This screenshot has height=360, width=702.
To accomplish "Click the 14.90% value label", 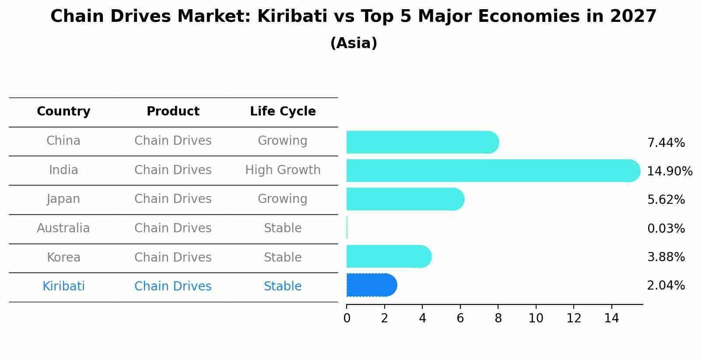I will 669,171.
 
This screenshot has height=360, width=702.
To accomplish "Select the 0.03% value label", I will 666,228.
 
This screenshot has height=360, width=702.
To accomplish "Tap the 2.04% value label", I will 666,286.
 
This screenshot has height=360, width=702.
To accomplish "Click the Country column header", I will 63,112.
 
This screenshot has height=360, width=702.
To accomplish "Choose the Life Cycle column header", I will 283,112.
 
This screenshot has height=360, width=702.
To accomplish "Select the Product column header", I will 173,112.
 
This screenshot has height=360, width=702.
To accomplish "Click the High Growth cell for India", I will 283,170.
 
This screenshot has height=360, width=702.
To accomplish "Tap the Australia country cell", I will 63,228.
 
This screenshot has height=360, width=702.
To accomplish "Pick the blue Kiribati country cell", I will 63,287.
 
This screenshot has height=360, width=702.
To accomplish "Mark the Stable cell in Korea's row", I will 283,258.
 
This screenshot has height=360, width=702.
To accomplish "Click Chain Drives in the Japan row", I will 173,199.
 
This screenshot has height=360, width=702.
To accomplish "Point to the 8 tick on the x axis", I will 498,318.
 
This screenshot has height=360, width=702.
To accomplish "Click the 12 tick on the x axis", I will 574,318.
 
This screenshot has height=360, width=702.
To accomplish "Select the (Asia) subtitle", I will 354,43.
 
